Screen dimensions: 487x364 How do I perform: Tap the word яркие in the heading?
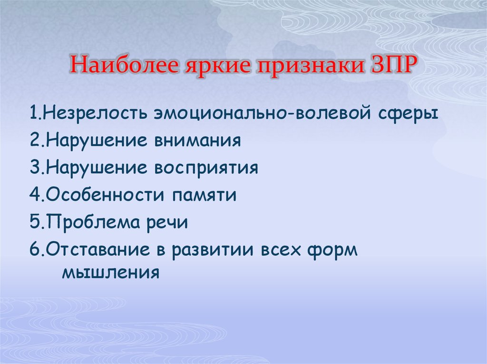click(x=218, y=66)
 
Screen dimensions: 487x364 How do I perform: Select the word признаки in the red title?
click(x=311, y=66)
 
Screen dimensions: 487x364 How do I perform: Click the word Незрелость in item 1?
click(x=95, y=113)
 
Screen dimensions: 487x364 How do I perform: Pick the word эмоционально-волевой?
click(x=263, y=113)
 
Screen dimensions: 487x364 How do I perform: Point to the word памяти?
click(x=205, y=196)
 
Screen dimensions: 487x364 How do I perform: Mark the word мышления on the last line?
click(x=111, y=273)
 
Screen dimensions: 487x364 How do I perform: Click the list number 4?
click(x=36, y=195)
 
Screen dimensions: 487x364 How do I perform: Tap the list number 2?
click(x=36, y=140)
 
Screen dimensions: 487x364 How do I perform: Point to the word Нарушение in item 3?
click(x=97, y=168)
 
